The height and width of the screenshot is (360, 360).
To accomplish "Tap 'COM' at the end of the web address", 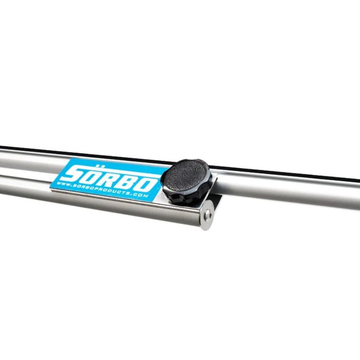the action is click(x=142, y=195).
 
